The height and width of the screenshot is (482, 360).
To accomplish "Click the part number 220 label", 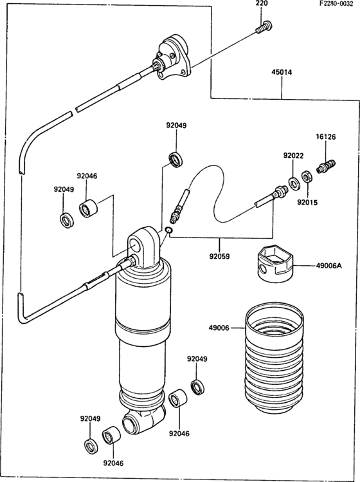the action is point(262,3).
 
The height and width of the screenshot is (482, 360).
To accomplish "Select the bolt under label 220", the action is point(264,27).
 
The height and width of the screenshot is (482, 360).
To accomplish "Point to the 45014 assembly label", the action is point(282,72).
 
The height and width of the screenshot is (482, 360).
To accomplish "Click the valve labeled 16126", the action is point(326,166).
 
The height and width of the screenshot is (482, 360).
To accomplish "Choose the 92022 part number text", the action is point(293,156).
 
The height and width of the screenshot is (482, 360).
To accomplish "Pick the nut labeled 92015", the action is point(307,177).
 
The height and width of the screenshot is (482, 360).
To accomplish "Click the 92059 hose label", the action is point(220,255).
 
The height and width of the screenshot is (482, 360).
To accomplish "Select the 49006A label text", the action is point(329,266).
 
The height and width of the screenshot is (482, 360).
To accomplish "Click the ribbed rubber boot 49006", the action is point(274,358).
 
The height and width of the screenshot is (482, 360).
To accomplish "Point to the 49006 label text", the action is point(219,328).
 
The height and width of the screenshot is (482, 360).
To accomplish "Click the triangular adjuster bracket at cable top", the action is point(173,57).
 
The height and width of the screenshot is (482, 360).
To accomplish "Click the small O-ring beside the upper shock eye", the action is point(168,230).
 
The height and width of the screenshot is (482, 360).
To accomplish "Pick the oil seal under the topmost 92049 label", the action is point(176,160).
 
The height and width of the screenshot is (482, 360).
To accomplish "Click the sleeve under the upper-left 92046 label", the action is point(88,209).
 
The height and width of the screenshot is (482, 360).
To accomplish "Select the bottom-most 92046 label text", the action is point(113,463).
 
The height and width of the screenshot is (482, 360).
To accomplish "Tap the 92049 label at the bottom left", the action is point(90,419).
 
